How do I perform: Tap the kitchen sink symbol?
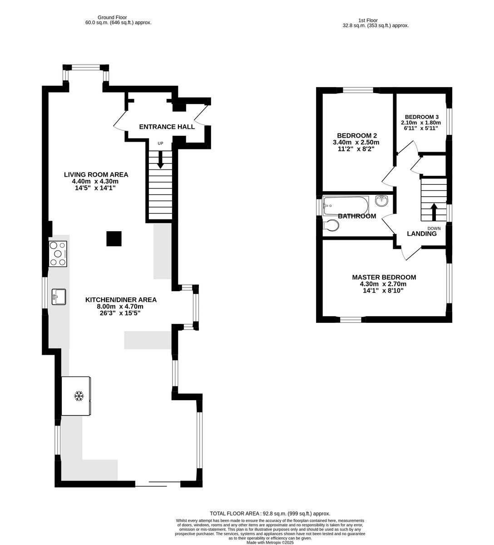coord(59,297)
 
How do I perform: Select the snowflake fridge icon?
coord(79,396)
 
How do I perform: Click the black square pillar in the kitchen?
coord(114,238)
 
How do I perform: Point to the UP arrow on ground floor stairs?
coord(160,159)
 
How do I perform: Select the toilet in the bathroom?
coord(331,225)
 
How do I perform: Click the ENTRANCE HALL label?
coord(167,127)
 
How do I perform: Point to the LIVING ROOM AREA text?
coord(96,174)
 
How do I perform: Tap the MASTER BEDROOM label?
coord(384,277)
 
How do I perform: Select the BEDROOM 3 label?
coord(422,117)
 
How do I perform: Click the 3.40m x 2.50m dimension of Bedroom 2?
coord(356,142)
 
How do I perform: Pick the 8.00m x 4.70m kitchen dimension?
coord(121,307)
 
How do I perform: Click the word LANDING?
coord(421,234)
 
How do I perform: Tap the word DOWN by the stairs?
coord(434,228)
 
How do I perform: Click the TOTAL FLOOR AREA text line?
coord(270,513)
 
